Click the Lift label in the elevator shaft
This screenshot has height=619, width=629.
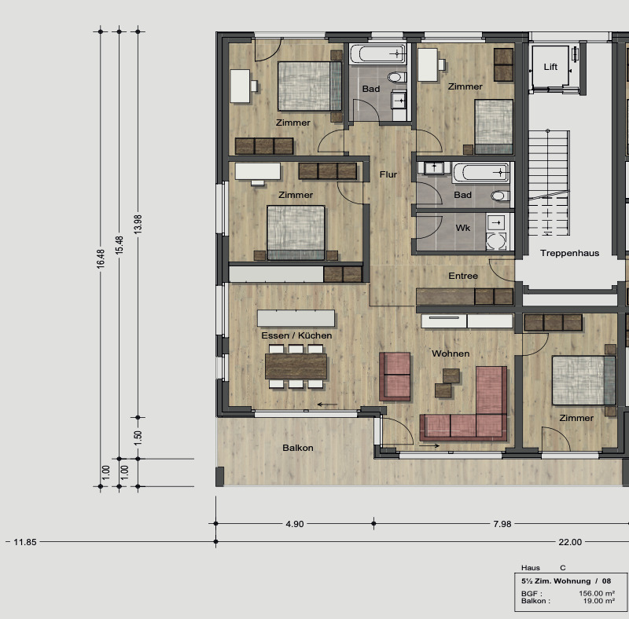point(550,67)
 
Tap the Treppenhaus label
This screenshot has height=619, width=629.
point(569,253)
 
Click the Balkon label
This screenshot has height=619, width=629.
point(298,448)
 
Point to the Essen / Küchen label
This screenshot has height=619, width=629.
point(296,335)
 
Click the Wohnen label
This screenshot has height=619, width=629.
point(451,353)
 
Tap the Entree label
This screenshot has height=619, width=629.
point(463,276)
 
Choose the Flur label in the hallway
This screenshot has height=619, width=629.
point(388,174)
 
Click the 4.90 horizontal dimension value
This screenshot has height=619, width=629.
point(294,524)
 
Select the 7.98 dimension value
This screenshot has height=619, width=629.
point(502,524)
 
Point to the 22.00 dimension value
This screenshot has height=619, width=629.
point(570,542)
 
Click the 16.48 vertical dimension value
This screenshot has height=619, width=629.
point(100,259)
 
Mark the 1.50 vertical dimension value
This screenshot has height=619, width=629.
point(138,438)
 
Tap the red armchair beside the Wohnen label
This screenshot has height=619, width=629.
point(395,376)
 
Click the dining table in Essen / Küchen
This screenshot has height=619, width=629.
point(296,366)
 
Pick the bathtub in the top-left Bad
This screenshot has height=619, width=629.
point(377,54)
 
